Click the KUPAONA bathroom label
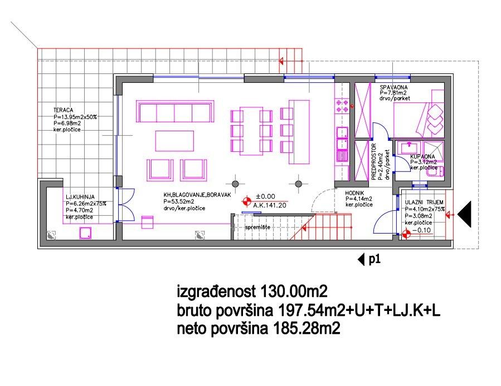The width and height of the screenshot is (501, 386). click(x=422, y=157)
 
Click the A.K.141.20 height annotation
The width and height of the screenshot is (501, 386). click(x=270, y=205)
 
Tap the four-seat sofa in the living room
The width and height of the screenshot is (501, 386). click(x=176, y=112)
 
